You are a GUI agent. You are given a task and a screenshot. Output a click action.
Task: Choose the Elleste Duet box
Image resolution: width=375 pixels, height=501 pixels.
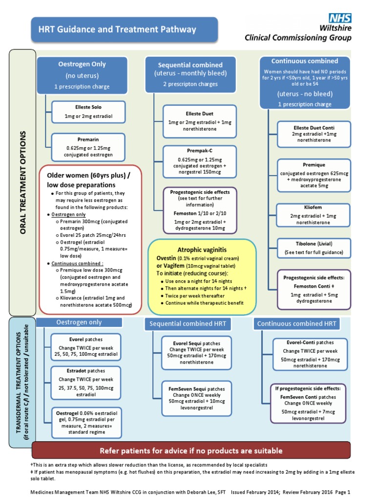point(193,118)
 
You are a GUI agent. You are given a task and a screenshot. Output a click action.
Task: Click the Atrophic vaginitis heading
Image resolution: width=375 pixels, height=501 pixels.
point(202,249)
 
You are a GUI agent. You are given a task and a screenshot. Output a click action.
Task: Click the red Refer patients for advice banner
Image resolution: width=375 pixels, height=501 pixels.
point(191,450)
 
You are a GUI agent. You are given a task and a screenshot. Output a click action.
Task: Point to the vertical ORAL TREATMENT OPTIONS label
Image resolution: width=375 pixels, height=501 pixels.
point(22,182)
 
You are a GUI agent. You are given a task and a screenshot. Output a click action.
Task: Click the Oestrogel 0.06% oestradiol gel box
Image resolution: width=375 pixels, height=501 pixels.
point(85,422)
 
